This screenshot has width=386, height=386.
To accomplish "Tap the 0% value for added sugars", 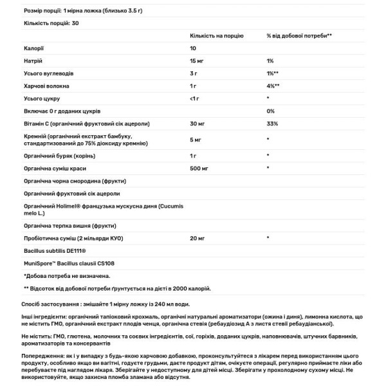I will (x=270, y=111).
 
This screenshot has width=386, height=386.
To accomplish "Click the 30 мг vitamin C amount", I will (x=197, y=123).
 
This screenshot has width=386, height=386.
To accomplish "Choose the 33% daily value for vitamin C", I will (x=271, y=123).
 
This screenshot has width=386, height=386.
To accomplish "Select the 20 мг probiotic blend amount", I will (x=197, y=239).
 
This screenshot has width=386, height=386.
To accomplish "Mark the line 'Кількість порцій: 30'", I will (x=46, y=23).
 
